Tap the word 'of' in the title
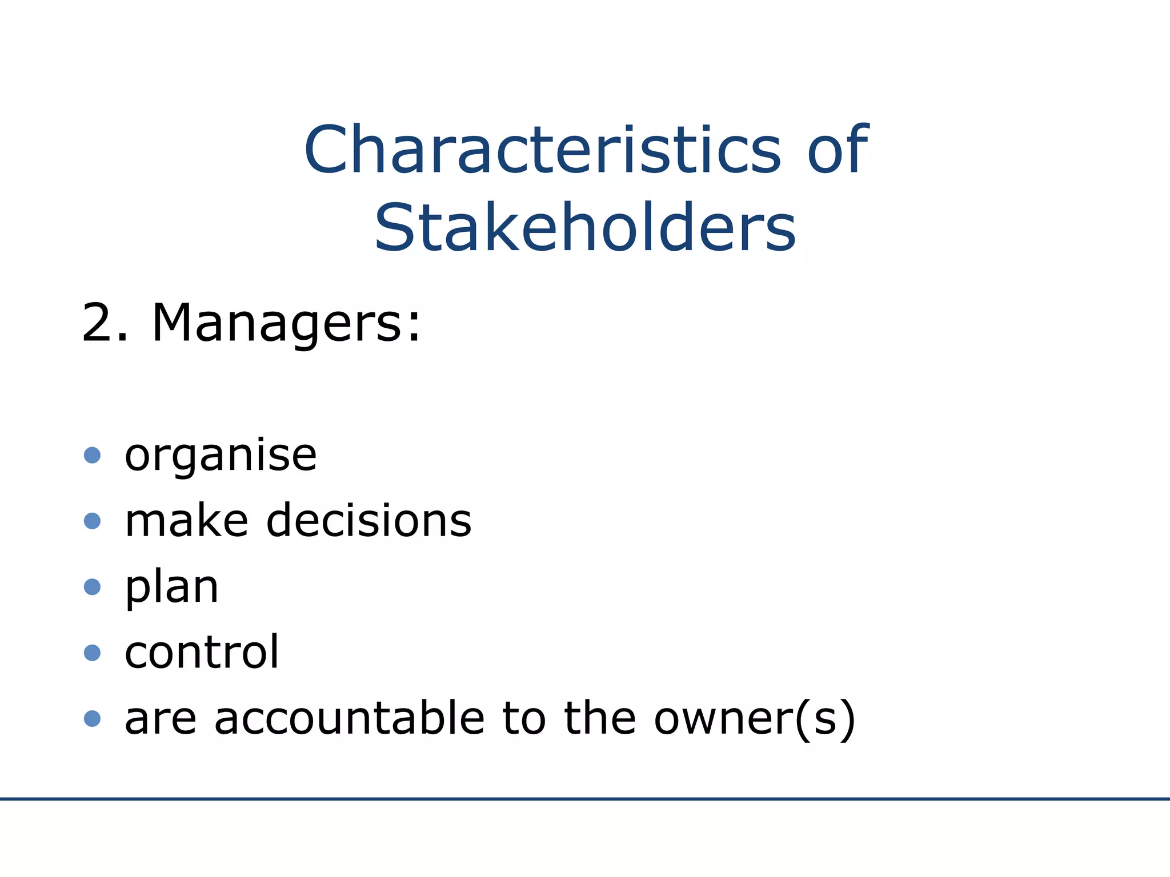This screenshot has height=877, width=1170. tap(838, 150)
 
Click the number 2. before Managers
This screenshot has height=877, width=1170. tap(105, 323)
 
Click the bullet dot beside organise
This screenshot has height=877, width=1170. tap(92, 456)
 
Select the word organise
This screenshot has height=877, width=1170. tap(221, 457)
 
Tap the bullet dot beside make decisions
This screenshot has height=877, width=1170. tap(92, 521)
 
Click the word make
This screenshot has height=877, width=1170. tap(186, 521)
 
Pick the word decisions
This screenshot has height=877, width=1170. tap(369, 521)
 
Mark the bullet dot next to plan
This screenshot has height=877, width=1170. tap(92, 587)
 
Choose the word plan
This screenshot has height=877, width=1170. tap(171, 588)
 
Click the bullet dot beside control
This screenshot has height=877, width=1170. tap(92, 653)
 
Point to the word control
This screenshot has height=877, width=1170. tap(202, 652)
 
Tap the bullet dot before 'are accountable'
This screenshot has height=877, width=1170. tap(92, 718)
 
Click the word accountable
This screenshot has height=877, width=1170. tap(350, 718)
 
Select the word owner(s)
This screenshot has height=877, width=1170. tap(755, 719)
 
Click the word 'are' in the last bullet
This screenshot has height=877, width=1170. tap(161, 719)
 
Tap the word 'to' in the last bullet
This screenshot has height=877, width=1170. tap(524, 718)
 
